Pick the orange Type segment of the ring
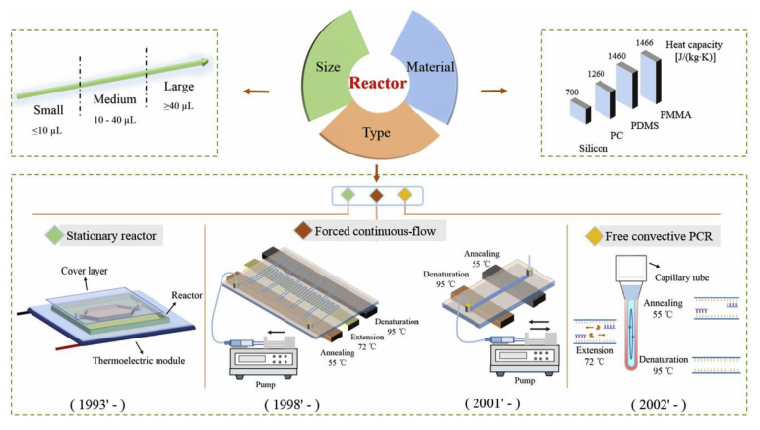[x=379, y=133]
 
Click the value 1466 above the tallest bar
[x=644, y=43]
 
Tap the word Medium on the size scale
[x=115, y=100]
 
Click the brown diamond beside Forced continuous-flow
[x=304, y=232]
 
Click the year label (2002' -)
[x=661, y=406]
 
